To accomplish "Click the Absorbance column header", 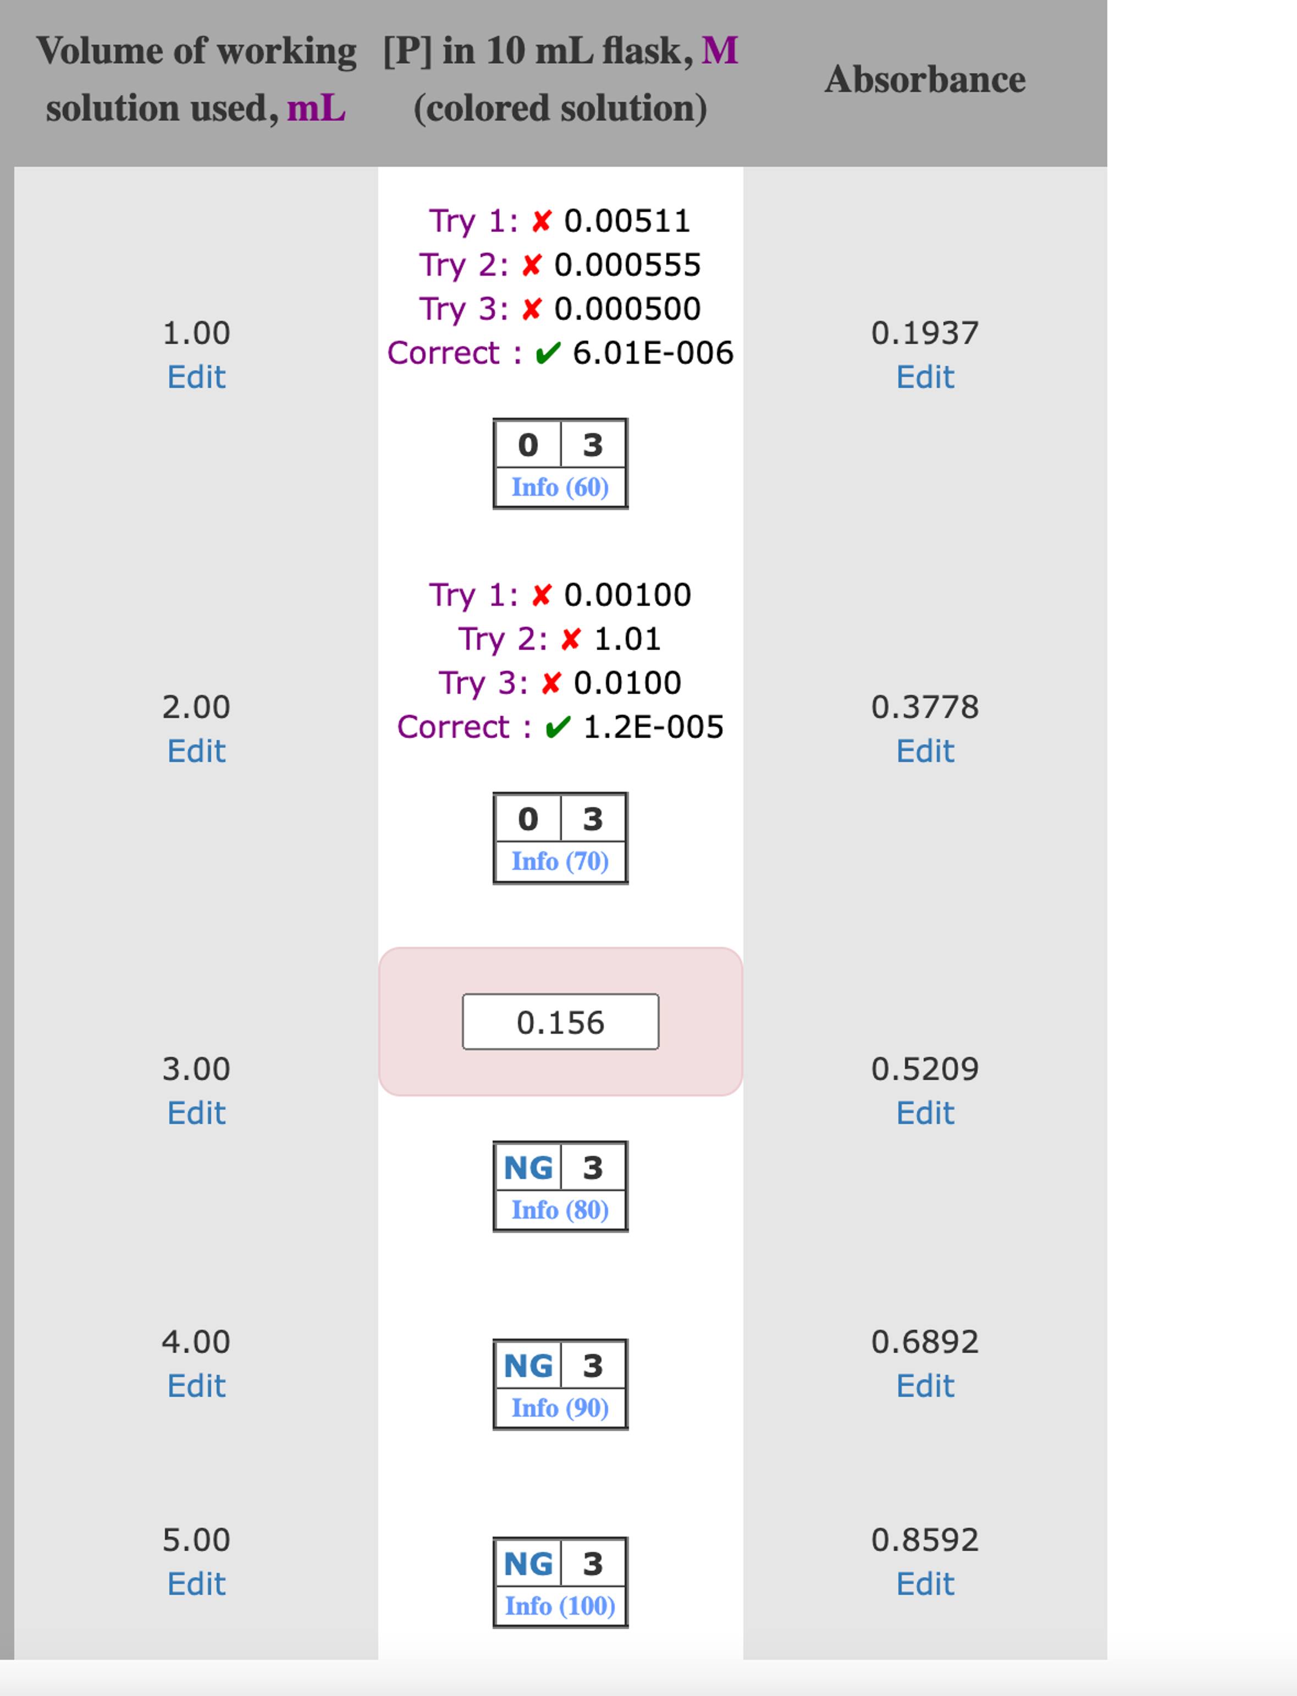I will tap(925, 80).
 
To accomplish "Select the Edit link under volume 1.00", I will tap(196, 377).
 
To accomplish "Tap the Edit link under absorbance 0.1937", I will tap(925, 377).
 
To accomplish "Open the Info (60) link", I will tap(560, 487).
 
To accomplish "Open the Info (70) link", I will tap(560, 861).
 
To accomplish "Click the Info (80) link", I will tap(560, 1210).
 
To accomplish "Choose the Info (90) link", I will tap(560, 1408).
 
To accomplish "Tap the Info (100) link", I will tap(560, 1606).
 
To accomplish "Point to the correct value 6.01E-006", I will tap(653, 353).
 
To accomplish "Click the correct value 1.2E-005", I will tap(653, 727).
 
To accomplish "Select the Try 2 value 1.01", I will tap(628, 639).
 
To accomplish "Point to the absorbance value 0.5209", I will tap(925, 1069).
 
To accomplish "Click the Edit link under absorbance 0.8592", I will tap(925, 1584).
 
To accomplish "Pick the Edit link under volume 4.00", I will tap(196, 1386).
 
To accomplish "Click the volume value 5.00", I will tap(196, 1540).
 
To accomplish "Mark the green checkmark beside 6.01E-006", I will tap(548, 353).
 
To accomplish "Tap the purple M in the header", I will tap(720, 51).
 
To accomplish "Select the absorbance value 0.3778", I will tap(925, 707).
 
